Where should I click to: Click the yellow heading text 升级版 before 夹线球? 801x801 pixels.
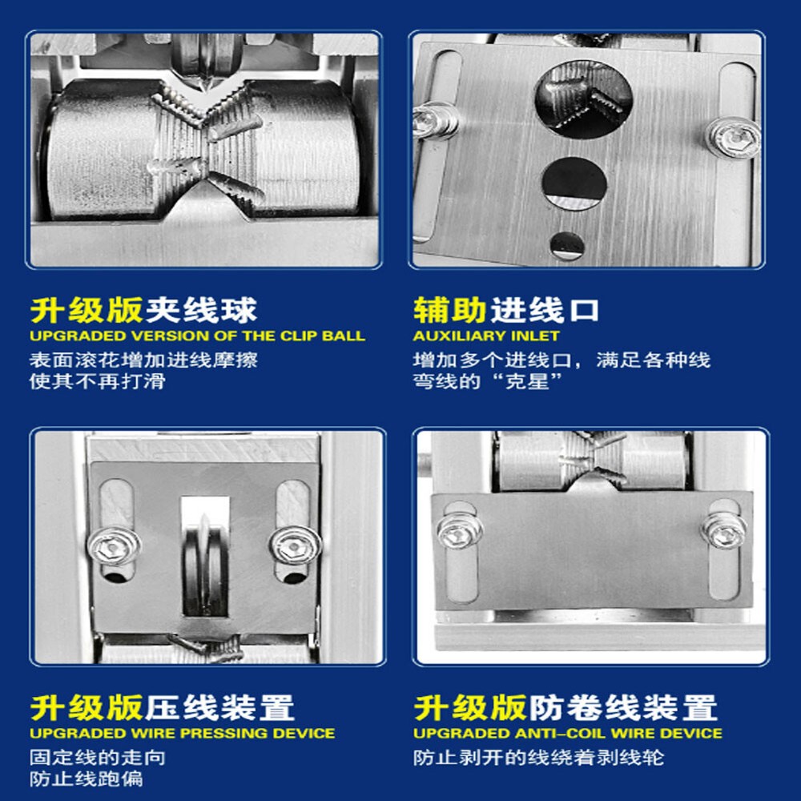point(87,310)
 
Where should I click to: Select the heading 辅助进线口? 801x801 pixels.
point(506,310)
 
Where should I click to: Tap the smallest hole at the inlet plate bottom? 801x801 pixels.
point(566,244)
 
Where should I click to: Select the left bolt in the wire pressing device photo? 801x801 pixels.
point(115,546)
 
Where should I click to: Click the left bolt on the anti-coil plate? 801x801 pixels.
point(460,530)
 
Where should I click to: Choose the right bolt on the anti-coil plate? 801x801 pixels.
point(725,529)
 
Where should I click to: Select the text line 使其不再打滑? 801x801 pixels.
point(97,380)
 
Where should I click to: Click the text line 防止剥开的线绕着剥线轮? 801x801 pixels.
point(538,757)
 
